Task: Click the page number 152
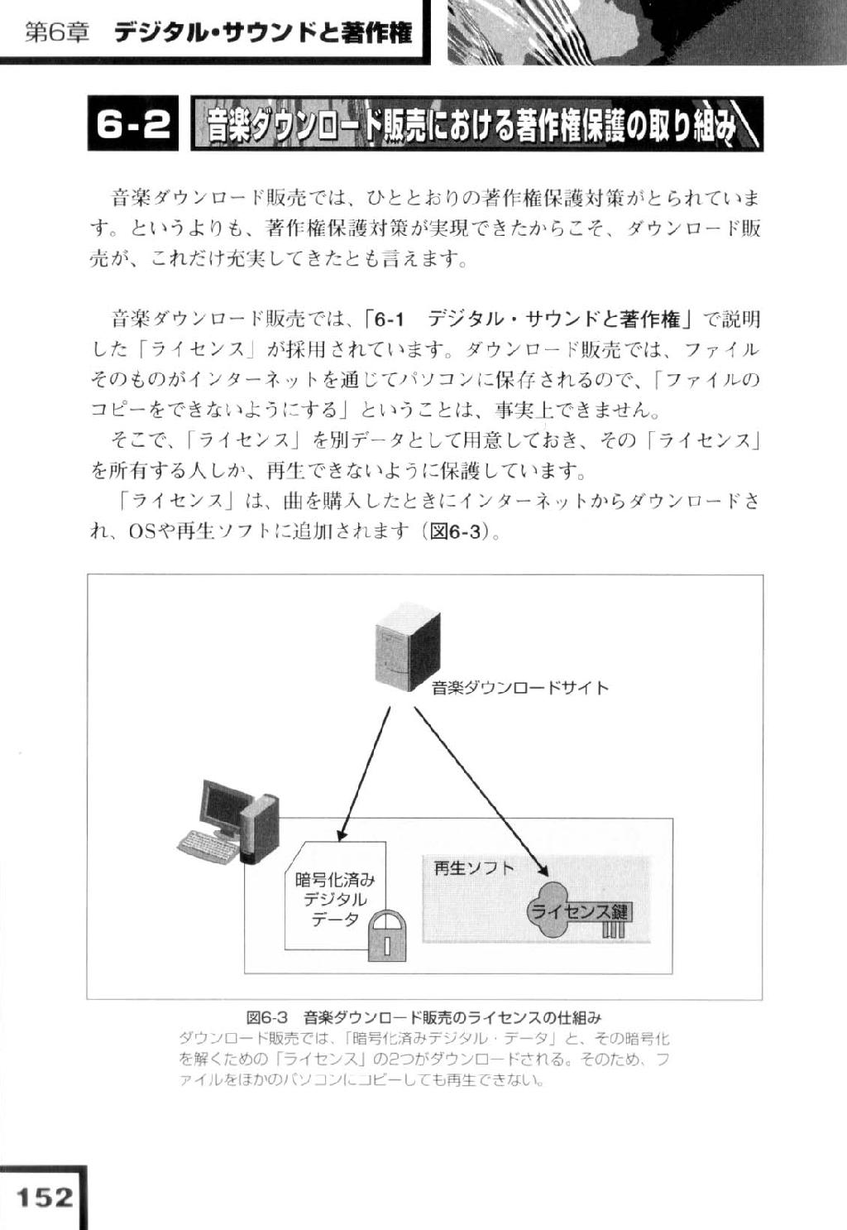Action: pyautogui.click(x=45, y=1198)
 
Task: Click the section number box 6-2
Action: pyautogui.click(x=132, y=123)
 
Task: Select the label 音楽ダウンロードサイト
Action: pyautogui.click(x=520, y=688)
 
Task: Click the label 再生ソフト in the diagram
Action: pyautogui.click(x=473, y=867)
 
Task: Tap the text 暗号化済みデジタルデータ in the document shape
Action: pyautogui.click(x=335, y=899)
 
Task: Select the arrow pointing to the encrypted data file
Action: pyautogui.click(x=365, y=774)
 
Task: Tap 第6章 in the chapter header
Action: pyautogui.click(x=57, y=34)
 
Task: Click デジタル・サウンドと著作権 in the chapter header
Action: pyautogui.click(x=263, y=33)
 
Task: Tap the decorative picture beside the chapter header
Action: pyautogui.click(x=648, y=31)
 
